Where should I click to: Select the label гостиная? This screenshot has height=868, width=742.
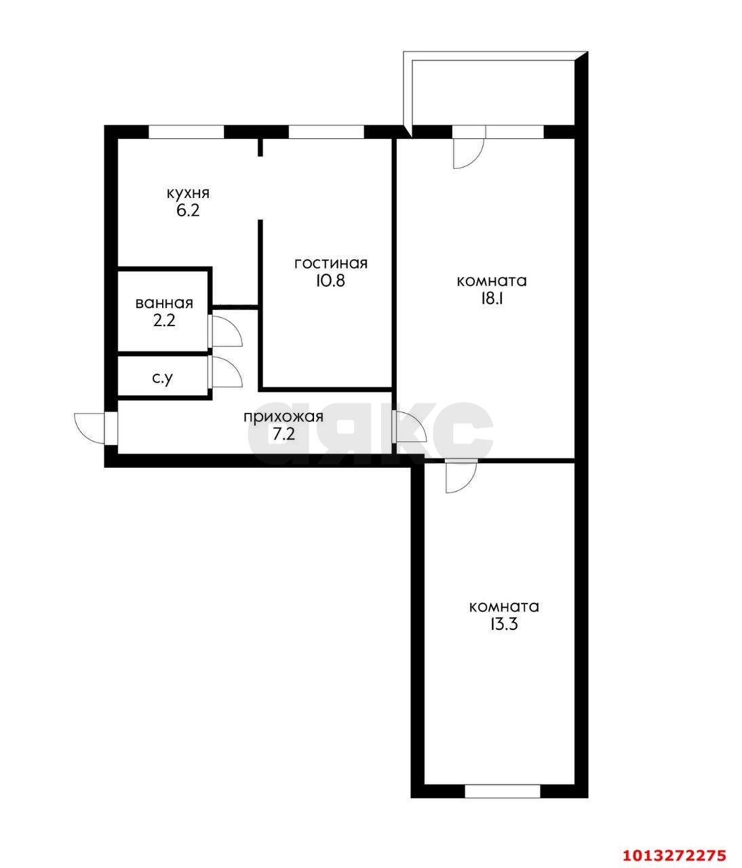(x=330, y=263)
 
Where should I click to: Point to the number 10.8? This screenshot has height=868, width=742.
(x=330, y=280)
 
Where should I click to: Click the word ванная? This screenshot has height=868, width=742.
(x=164, y=303)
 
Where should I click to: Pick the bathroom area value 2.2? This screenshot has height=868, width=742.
(x=164, y=321)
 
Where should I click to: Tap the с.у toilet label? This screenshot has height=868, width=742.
(x=162, y=378)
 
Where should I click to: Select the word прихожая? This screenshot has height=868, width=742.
(x=284, y=417)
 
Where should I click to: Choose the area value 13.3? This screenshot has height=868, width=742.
(x=503, y=625)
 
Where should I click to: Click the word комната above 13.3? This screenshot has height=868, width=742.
(x=504, y=606)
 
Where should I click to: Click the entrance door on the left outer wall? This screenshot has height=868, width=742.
(x=92, y=428)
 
